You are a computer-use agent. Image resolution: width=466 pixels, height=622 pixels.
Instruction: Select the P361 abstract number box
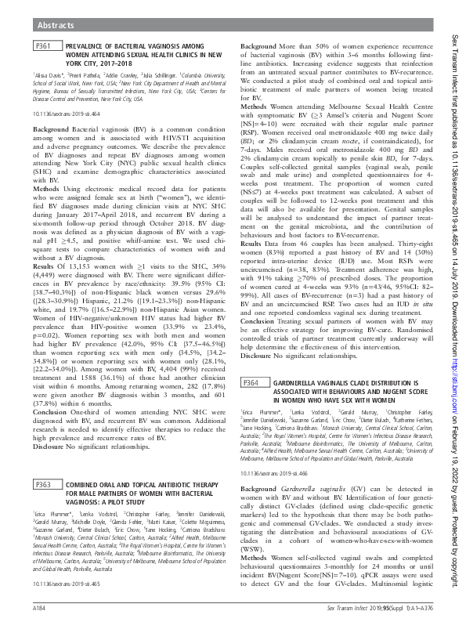tap(43, 48)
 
